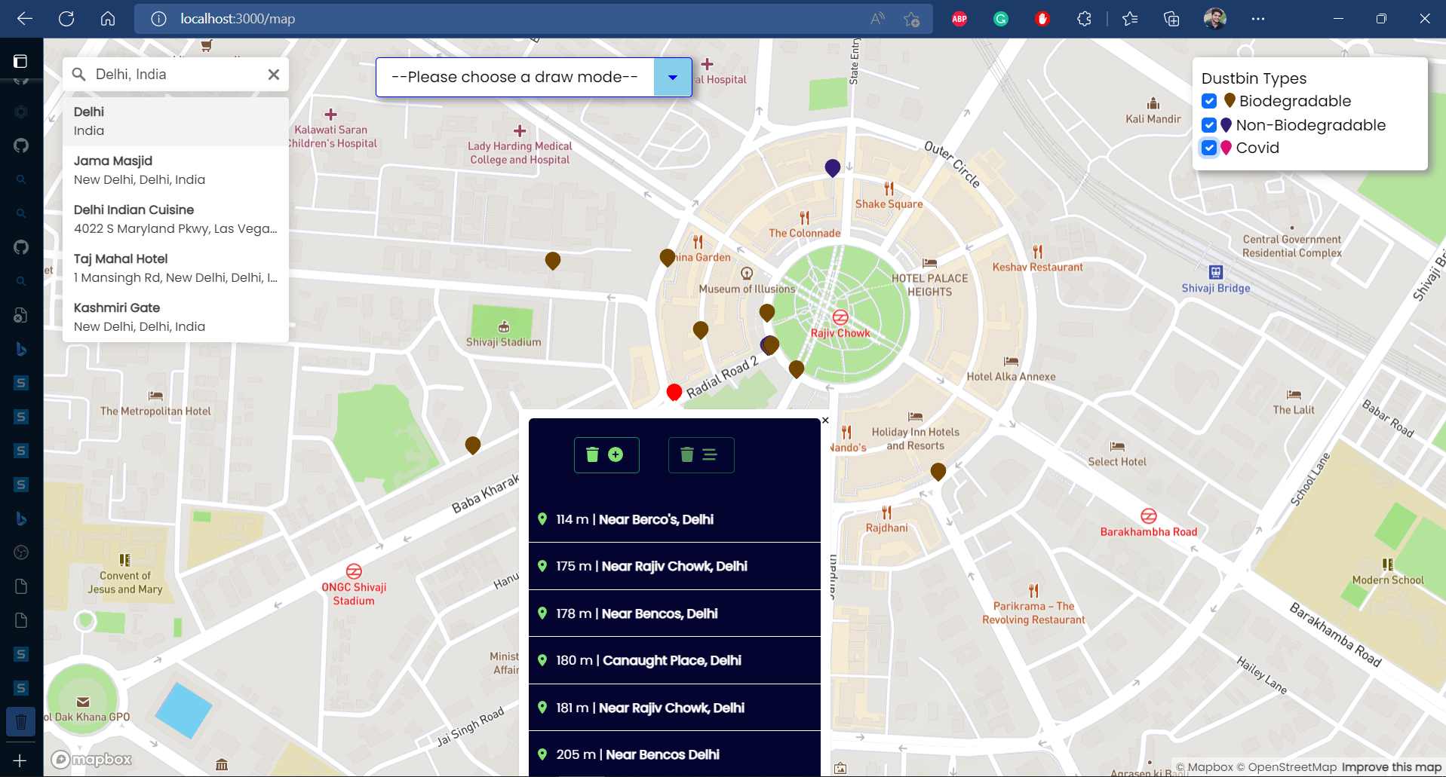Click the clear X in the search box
click(x=274, y=75)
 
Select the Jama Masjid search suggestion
click(x=175, y=170)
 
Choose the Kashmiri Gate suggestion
click(x=175, y=317)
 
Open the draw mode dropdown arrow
click(x=672, y=77)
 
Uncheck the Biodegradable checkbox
click(x=1209, y=101)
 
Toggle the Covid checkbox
click(x=1209, y=148)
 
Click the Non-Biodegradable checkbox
click(x=1209, y=125)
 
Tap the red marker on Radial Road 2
click(x=674, y=392)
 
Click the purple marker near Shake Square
click(x=832, y=167)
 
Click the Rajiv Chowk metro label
click(x=840, y=332)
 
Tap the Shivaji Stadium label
click(x=503, y=341)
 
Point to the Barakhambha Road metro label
click(x=1148, y=531)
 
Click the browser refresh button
click(x=66, y=19)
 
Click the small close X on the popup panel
click(x=825, y=421)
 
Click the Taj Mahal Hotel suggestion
click(x=175, y=268)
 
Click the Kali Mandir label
click(x=1153, y=118)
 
